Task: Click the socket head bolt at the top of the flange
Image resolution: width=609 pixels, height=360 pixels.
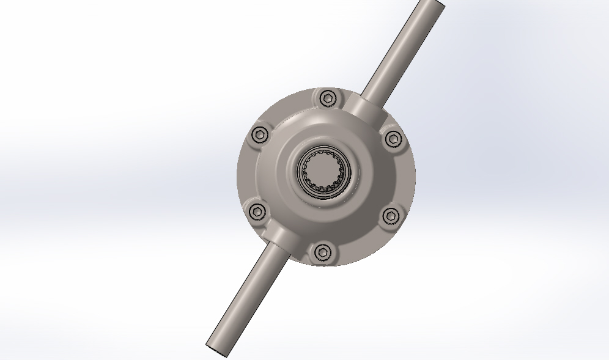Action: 328,98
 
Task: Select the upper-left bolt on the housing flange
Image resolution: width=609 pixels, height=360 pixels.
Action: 260,135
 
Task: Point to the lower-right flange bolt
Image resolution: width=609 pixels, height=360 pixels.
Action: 391,215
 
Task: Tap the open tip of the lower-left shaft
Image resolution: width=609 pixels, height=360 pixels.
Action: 216,349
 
